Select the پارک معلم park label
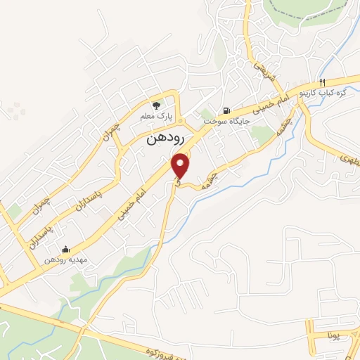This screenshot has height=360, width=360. click(x=165, y=115)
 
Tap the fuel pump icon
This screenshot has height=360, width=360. click(x=226, y=110)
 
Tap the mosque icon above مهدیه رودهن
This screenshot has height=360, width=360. click(x=66, y=248)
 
